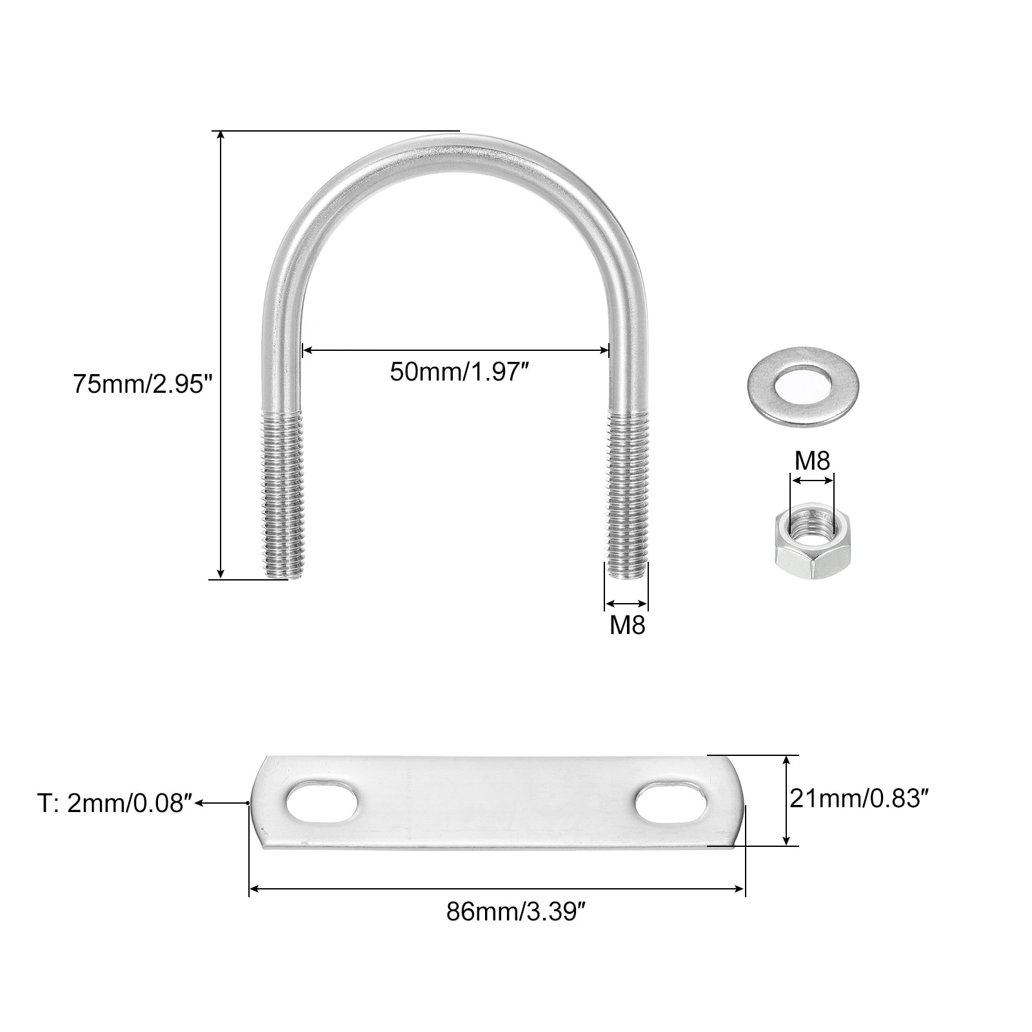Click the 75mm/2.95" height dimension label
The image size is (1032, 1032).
(x=143, y=384)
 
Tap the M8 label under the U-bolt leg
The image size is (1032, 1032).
(x=628, y=625)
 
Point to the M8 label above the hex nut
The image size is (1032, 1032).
(x=812, y=461)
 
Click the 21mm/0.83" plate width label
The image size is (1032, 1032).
(x=859, y=799)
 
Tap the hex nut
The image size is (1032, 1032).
(x=812, y=541)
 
